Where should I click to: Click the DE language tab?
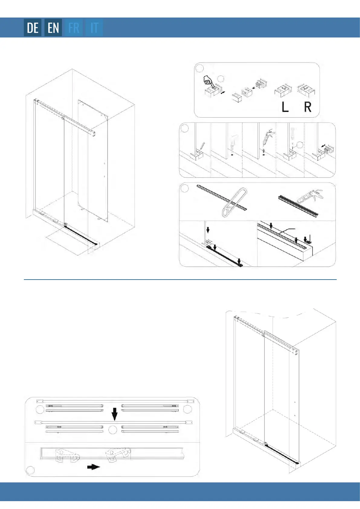pos(33,28)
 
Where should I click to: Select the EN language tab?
pos(53,28)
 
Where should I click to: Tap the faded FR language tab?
pos(74,28)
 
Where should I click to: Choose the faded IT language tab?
pos(94,28)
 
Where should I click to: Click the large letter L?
pos(285,107)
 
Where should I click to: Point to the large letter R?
pos(308,107)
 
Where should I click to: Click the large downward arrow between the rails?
pos(115,414)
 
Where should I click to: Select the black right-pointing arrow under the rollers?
pos(94,467)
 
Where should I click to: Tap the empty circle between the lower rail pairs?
pos(113,430)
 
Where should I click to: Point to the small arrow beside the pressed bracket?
pos(223,93)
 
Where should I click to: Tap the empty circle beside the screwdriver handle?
pos(300,145)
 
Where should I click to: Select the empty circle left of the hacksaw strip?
pos(184,188)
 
